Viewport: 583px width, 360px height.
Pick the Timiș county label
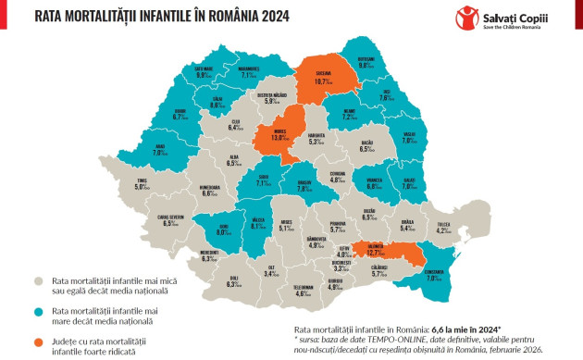[141, 183]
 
